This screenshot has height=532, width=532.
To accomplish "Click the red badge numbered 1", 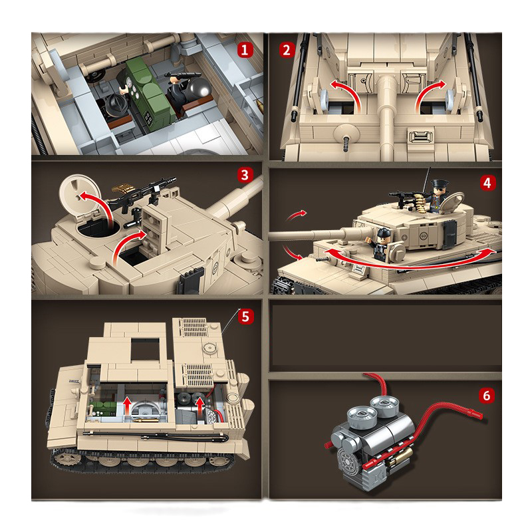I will pos(245,49).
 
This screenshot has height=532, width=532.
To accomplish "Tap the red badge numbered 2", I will pos(287,49).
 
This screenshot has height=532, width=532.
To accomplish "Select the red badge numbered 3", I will pos(245,176).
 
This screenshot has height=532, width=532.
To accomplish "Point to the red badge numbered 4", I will pos(489,183).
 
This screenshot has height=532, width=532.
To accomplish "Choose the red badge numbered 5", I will pos(245,316).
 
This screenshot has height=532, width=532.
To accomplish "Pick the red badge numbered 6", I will pos(487,396).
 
